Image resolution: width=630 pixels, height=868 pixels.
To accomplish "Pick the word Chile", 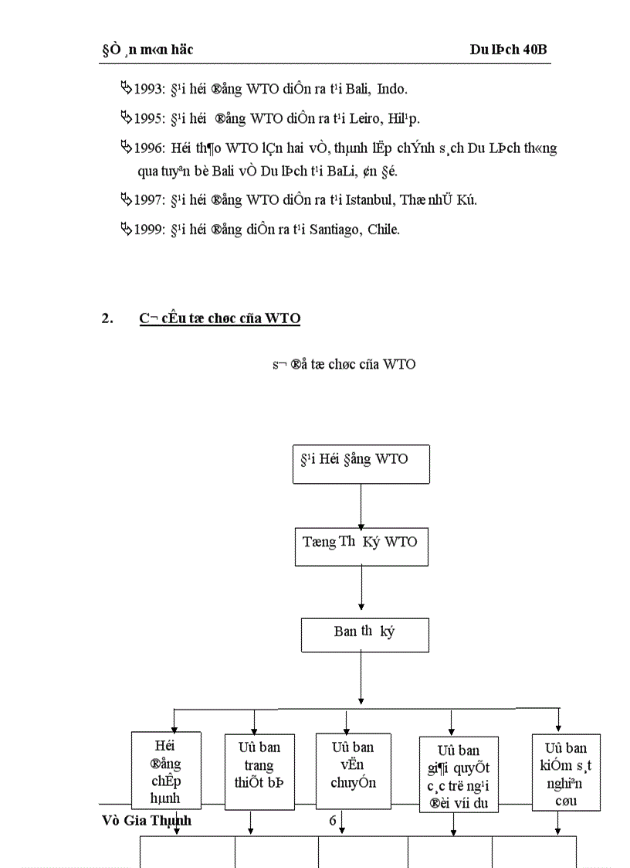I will [384, 230].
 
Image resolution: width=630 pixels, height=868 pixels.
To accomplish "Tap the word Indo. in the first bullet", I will [392, 89].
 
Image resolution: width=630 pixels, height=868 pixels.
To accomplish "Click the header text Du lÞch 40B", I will [508, 50].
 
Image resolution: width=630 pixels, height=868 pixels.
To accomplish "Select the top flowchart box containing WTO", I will [361, 465].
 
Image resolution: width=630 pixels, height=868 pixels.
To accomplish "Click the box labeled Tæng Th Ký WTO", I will [361, 546].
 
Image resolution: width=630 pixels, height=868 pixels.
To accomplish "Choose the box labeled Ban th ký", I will [364, 634].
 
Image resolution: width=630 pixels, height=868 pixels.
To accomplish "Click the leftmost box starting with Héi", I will [166, 770].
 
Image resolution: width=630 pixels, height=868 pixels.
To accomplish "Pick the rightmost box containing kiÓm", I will [565, 772].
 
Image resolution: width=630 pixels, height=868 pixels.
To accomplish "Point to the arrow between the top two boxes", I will [361, 506].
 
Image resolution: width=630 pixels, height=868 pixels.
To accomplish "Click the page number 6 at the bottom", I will [333, 821].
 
